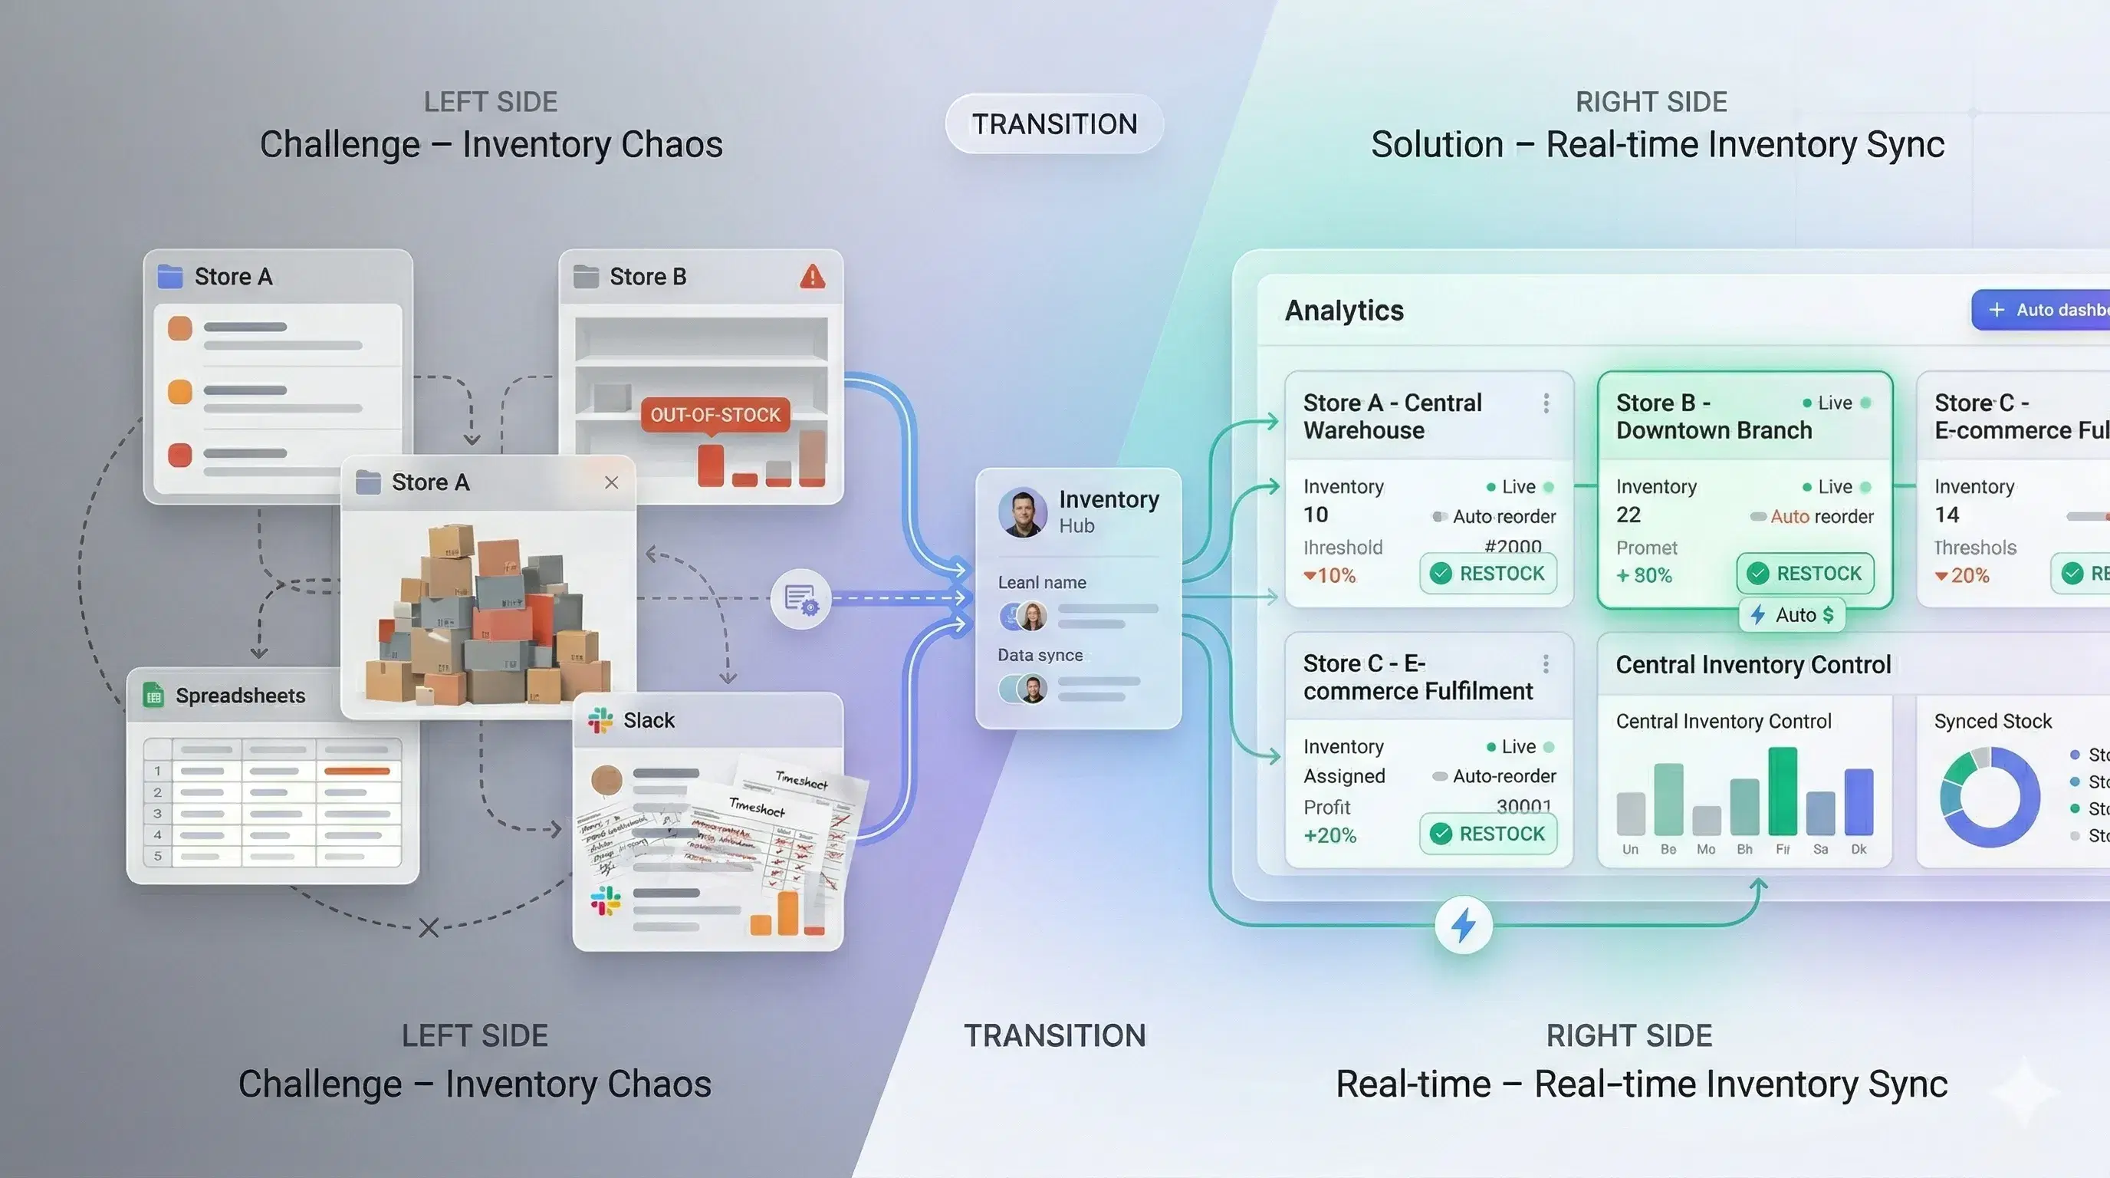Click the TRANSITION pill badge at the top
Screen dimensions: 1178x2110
pos(1054,123)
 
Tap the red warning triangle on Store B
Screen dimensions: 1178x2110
pos(812,277)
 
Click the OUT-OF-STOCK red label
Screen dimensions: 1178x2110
pos(715,414)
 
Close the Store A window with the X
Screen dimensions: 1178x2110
pos(611,482)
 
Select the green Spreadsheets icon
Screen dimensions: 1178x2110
pos(153,696)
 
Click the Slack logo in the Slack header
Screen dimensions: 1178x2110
pos(600,720)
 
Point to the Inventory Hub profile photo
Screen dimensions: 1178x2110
pos(1022,512)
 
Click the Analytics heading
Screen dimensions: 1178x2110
pos(1344,311)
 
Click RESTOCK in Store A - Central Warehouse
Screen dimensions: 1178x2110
pos(1488,574)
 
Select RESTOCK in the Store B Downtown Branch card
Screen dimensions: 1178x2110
pos(1806,574)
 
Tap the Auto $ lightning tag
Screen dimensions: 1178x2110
pos(1792,615)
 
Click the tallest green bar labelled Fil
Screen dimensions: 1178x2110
pos(1783,791)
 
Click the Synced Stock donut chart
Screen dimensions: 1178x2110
pos(1989,796)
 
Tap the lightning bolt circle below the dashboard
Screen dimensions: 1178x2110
pos(1463,926)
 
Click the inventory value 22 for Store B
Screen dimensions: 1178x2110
pos(1629,515)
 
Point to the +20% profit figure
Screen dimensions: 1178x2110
pos(1329,836)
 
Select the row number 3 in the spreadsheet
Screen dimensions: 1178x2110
pos(158,814)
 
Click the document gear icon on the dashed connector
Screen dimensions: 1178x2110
pos(800,599)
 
